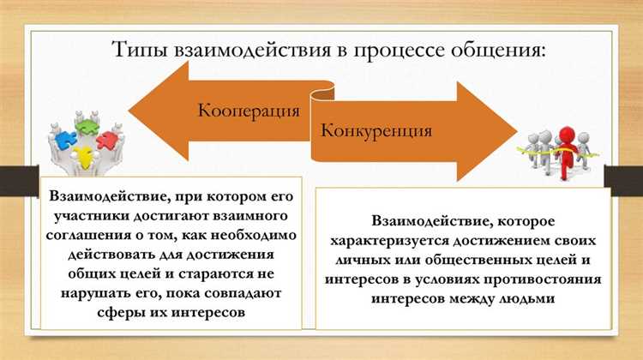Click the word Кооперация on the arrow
249,111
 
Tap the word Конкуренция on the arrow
376,131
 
